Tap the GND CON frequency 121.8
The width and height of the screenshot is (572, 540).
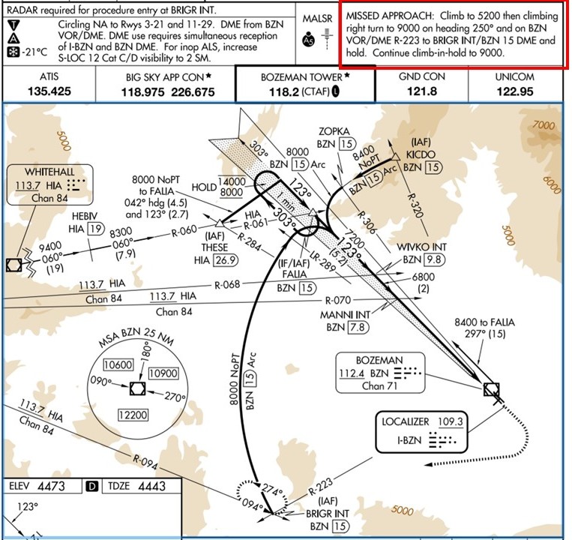[421, 91]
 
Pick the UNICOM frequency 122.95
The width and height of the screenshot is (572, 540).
[514, 91]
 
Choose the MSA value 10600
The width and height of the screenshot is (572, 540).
[117, 365]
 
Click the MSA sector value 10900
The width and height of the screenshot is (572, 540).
[161, 373]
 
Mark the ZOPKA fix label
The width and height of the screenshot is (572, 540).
[334, 130]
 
